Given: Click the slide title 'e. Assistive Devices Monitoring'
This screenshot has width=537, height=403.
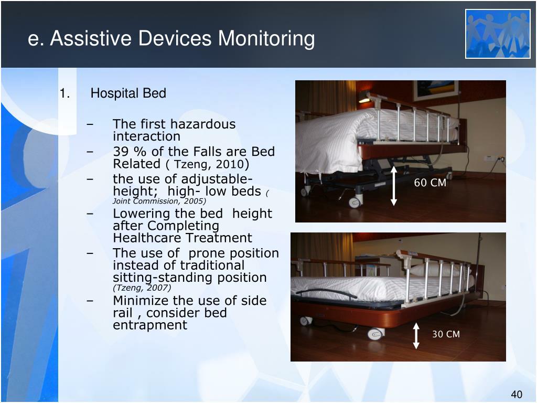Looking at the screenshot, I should pos(171,39).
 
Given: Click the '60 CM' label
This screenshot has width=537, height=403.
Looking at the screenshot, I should pos(430,183).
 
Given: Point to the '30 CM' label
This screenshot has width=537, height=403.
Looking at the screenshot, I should pos(446,334).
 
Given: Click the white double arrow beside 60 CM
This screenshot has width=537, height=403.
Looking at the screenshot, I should pos(394,186).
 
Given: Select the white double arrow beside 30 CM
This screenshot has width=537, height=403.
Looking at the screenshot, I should pos(416,336).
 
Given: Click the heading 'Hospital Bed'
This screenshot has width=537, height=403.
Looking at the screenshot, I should pos(128,93).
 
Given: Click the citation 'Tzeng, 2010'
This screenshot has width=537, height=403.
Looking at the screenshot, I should pos(205,164).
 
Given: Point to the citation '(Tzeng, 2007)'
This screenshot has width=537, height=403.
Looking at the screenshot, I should pos(142,288).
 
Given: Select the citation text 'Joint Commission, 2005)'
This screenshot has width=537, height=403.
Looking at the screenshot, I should pos(159,201).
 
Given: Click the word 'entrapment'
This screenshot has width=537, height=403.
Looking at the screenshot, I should pos(149,325).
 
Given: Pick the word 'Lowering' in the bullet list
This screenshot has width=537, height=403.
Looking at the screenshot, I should pos(138,214).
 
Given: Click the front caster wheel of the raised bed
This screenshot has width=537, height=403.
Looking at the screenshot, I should pos(356,201).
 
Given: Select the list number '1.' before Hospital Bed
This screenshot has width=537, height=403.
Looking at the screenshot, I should pos(65,93).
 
